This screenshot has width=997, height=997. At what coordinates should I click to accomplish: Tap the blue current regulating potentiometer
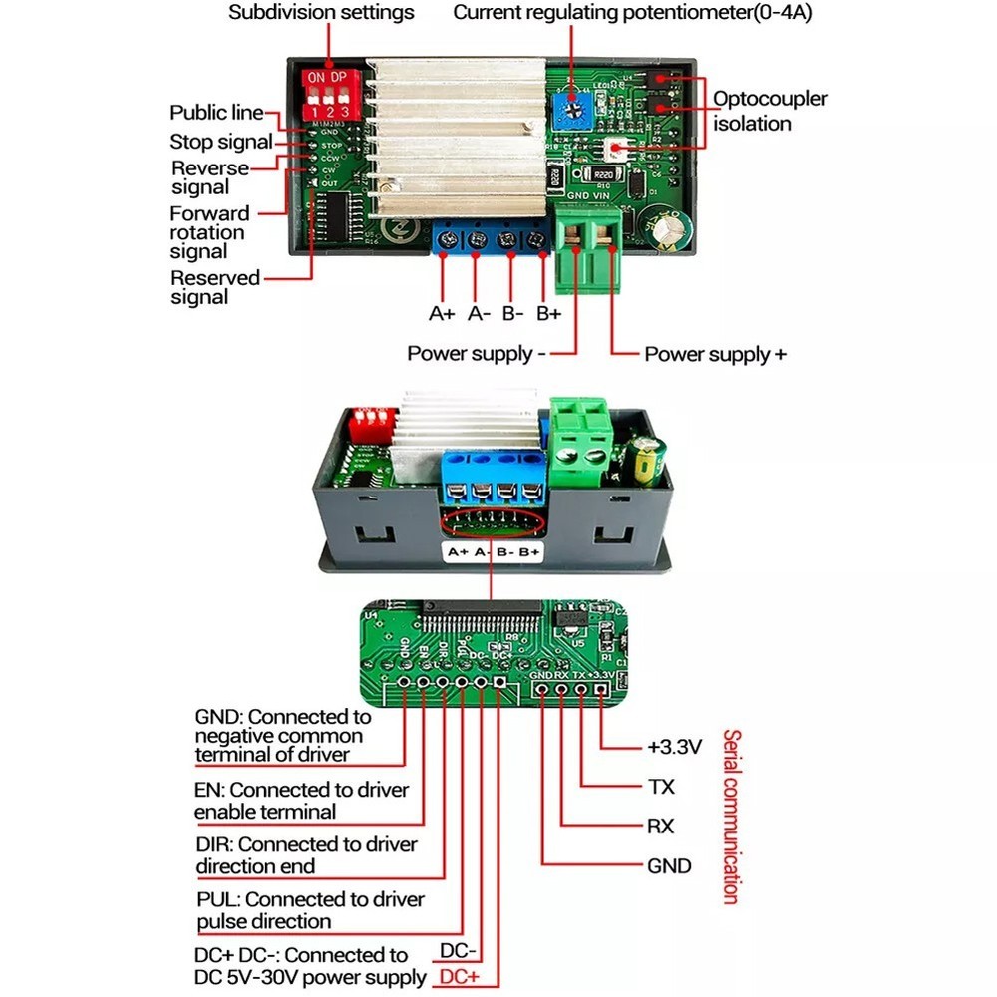pos(572,110)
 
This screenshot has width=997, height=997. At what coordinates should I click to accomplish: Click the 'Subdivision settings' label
pos(321,13)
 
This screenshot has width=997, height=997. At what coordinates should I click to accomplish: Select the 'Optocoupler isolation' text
pos(769,111)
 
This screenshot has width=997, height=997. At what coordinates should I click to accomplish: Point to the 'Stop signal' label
pos(220,142)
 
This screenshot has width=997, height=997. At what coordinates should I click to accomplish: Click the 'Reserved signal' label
pos(214,287)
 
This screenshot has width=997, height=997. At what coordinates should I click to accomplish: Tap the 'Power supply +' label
pos(715,354)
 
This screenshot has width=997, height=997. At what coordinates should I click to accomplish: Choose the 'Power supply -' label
pos(476,354)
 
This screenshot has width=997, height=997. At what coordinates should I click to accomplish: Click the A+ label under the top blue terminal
pos(442,313)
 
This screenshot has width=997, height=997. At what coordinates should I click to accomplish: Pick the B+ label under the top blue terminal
pos(548,313)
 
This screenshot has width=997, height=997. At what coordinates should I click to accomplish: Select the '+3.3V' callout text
pos(675,746)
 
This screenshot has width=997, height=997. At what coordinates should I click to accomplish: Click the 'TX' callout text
pos(661,787)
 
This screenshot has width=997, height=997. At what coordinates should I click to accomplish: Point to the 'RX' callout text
pos(660,827)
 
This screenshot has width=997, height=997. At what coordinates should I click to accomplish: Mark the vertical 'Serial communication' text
pos(731,816)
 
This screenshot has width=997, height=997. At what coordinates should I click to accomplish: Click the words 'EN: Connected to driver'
pos(301,790)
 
